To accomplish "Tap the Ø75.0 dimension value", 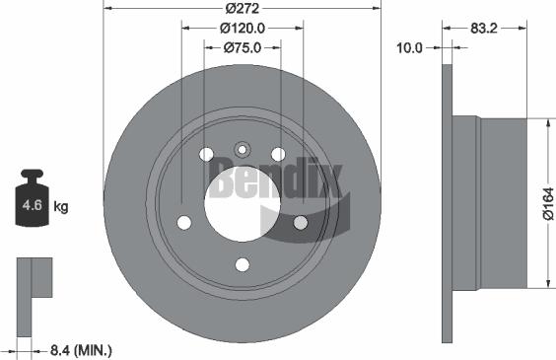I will [243, 46].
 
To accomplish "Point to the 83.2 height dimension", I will [483, 30].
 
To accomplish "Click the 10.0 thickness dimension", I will [409, 46].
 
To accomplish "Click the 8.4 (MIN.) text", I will [80, 348].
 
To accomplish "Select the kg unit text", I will [60, 207].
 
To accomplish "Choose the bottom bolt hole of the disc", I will [243, 264].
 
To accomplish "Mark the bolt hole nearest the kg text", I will [183, 222].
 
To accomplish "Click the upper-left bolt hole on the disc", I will [206, 154].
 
